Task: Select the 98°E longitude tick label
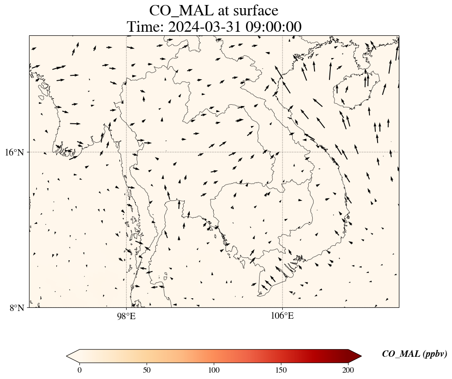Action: (126, 316)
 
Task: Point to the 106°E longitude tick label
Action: (282, 316)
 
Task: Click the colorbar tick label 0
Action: (80, 369)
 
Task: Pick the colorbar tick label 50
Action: (147, 369)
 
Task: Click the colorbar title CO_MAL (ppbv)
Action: (414, 354)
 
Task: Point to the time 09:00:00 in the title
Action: (273, 27)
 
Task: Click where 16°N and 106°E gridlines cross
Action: (282, 152)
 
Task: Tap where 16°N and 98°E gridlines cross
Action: (126, 152)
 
